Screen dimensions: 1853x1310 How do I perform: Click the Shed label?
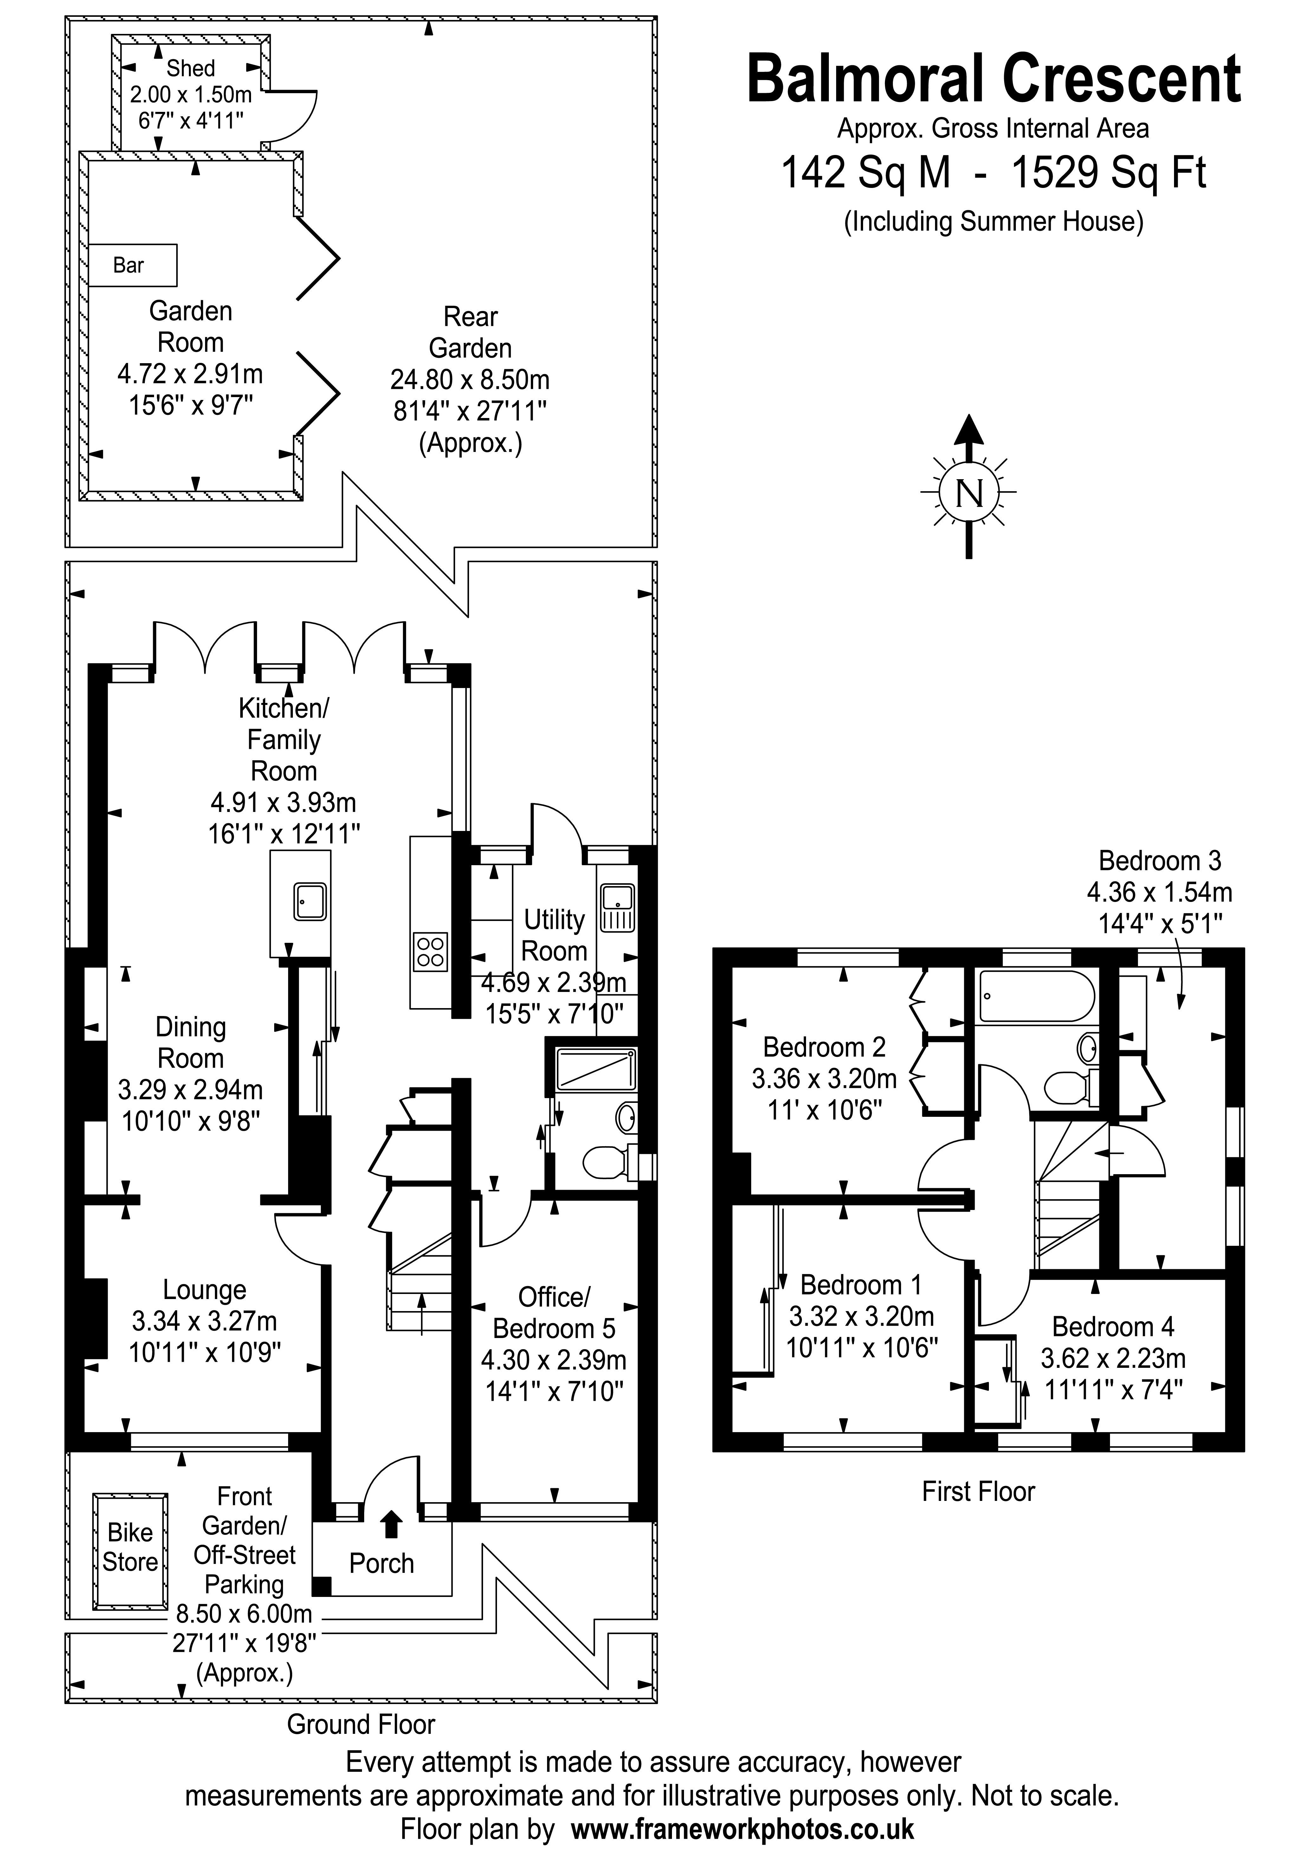(190, 68)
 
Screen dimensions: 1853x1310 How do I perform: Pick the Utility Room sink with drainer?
(617, 908)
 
